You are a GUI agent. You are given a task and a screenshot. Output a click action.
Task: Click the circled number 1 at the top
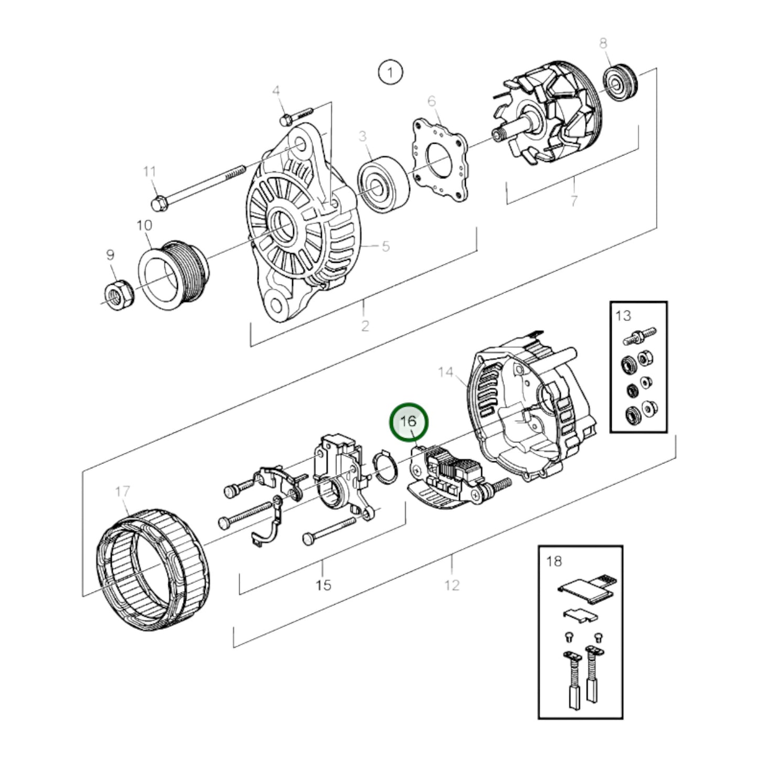click(390, 72)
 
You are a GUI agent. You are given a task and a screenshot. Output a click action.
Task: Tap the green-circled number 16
click(409, 422)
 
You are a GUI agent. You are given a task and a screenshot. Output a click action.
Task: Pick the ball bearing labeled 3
click(382, 185)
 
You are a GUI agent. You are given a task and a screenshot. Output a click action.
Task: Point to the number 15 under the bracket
click(324, 584)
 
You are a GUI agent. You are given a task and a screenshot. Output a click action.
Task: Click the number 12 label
click(451, 584)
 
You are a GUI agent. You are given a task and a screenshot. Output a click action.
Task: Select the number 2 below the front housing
click(365, 325)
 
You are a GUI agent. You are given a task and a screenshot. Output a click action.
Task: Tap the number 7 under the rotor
click(574, 200)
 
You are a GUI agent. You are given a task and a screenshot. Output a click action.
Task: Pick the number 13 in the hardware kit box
click(623, 316)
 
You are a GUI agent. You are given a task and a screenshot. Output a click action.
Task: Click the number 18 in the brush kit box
click(553, 561)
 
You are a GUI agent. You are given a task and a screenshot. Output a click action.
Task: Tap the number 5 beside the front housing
click(386, 246)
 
